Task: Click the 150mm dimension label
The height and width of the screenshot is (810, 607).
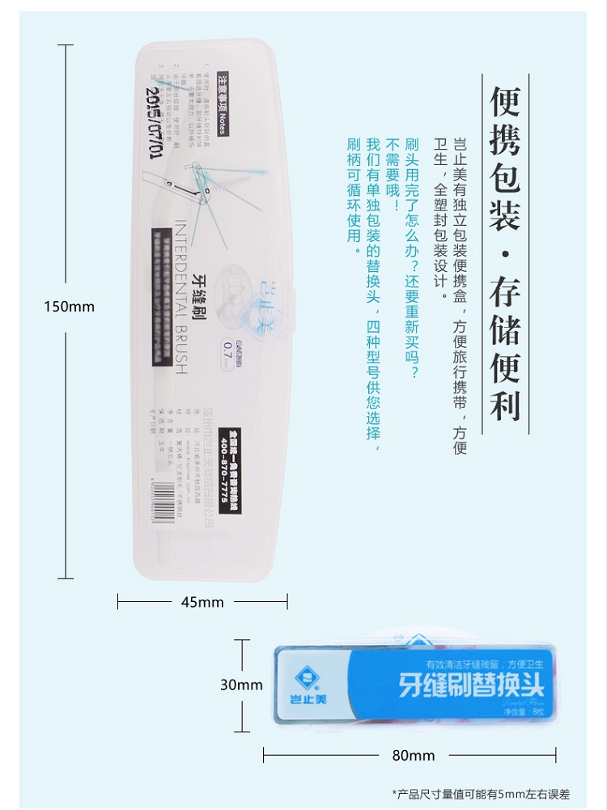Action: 69,307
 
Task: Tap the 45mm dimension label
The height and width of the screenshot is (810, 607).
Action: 202,602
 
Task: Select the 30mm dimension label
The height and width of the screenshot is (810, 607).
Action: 241,685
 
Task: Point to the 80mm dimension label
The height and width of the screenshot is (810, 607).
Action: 414,756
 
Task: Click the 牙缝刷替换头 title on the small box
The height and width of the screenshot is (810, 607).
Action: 471,685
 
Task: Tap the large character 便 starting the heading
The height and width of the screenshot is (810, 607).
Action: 505,102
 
